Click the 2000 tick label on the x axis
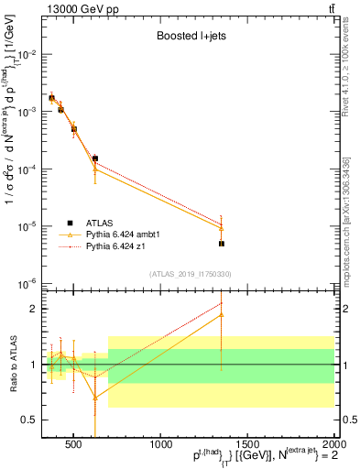tap(333, 444)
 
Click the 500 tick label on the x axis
tap(74, 444)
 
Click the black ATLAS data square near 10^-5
tap(221, 244)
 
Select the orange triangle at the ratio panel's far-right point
tap(221, 315)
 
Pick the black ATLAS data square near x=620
tap(95, 158)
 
